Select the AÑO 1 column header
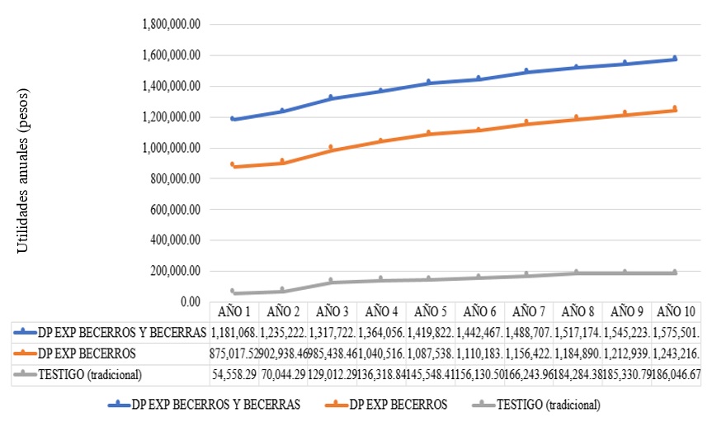233,312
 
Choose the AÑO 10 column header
676,312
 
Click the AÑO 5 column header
430,312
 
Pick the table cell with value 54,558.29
233,374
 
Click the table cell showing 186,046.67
676,374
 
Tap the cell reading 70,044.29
282,374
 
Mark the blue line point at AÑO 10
675,59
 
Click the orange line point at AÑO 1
233,166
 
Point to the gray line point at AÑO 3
331,282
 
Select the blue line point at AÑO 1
233,119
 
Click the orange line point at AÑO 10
675,110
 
